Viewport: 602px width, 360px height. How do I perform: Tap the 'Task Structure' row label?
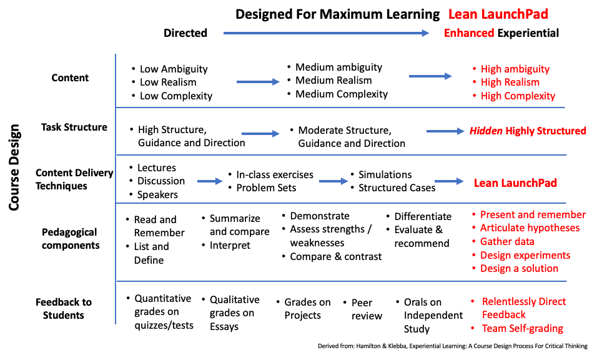click(x=74, y=127)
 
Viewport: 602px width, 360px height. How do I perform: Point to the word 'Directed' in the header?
click(x=185, y=33)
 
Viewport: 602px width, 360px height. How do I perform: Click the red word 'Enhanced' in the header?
click(x=469, y=33)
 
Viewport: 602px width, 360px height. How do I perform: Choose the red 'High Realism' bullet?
click(x=510, y=82)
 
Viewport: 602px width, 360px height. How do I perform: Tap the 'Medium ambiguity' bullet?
click(x=338, y=67)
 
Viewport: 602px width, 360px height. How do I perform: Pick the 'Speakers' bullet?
click(x=157, y=194)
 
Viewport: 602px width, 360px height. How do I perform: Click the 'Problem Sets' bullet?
click(x=266, y=187)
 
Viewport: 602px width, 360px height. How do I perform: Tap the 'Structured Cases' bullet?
click(x=397, y=187)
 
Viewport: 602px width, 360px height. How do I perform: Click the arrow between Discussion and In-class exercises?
click(x=210, y=181)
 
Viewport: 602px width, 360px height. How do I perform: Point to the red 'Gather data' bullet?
click(x=507, y=241)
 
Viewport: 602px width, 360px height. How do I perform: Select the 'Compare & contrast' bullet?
click(x=335, y=256)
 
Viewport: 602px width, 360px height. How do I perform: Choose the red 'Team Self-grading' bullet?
click(x=522, y=328)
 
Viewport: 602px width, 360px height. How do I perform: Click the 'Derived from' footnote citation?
click(x=452, y=346)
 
